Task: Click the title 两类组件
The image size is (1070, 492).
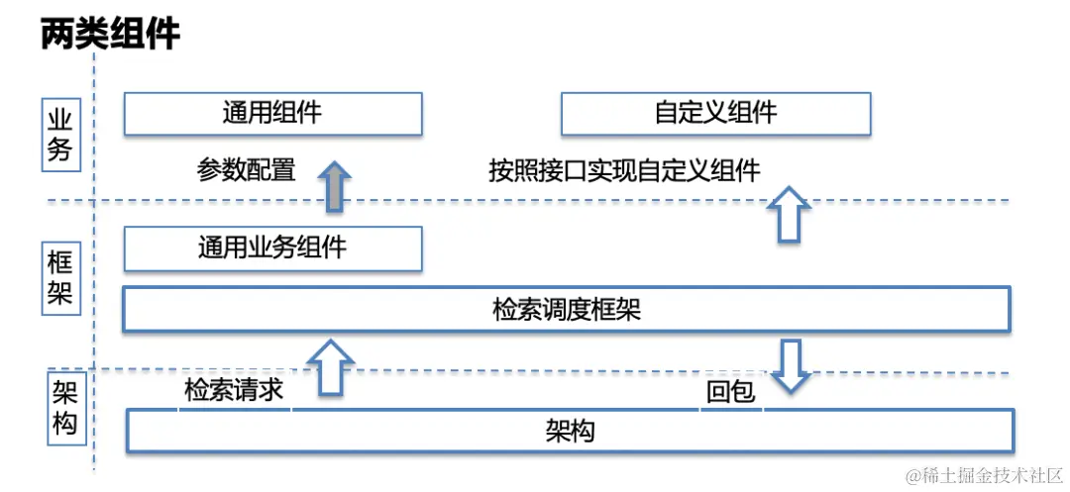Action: point(110,34)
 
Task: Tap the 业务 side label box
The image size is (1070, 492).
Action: point(60,136)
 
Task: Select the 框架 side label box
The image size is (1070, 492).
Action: point(60,278)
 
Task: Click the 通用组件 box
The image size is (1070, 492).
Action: point(272,113)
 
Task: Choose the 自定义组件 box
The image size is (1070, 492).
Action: point(715,113)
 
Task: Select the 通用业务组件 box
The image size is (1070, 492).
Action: point(272,248)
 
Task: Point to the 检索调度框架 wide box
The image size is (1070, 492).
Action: point(566,309)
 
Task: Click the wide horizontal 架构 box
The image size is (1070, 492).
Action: point(570,432)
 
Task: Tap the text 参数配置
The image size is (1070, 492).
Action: point(247,170)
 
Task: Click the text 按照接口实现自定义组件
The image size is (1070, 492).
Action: point(624,170)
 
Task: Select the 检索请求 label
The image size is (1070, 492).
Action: point(234,390)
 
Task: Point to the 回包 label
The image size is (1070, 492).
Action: point(730,393)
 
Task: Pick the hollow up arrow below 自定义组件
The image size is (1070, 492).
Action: point(789,214)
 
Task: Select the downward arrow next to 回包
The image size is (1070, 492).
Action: point(790,364)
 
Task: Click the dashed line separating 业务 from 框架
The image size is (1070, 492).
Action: point(555,201)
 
